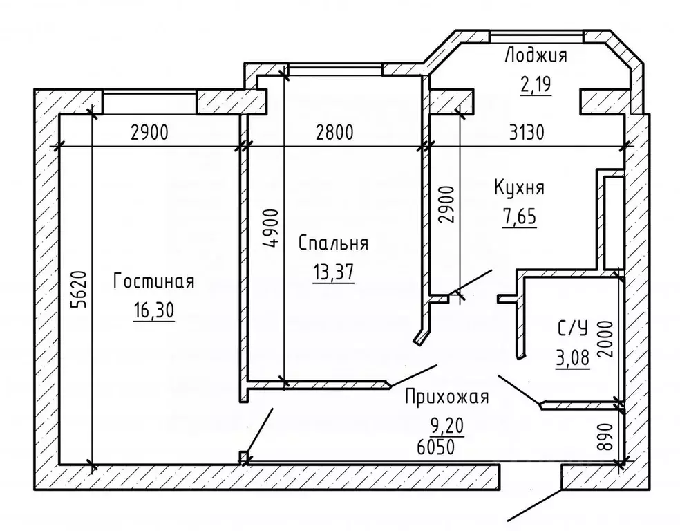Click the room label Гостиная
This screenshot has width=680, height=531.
click(x=153, y=281)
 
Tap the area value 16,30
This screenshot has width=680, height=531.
click(x=153, y=310)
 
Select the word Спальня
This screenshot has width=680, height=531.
click(x=333, y=243)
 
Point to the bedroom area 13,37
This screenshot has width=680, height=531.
click(x=333, y=272)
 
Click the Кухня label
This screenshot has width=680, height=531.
click(x=519, y=188)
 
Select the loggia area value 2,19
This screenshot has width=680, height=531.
click(x=536, y=84)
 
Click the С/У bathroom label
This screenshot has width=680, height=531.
click(x=572, y=330)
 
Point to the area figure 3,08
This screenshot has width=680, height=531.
click(x=572, y=358)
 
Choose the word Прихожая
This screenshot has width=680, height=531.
click(x=446, y=396)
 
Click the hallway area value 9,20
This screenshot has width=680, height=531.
click(x=446, y=426)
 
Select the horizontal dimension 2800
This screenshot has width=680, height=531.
click(x=334, y=133)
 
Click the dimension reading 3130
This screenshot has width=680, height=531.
click(x=527, y=133)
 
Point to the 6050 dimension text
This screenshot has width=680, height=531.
click(x=436, y=447)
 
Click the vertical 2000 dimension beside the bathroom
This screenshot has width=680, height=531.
click(x=606, y=339)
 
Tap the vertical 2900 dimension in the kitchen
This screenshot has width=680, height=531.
click(x=446, y=205)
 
